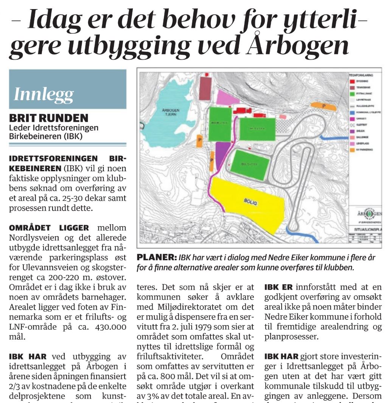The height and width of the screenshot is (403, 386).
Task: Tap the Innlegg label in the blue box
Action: click(44, 94)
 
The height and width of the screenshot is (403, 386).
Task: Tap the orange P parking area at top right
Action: click(323, 106)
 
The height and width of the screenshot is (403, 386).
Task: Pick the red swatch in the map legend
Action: click(353, 81)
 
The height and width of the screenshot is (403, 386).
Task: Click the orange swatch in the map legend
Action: click(353, 150)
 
